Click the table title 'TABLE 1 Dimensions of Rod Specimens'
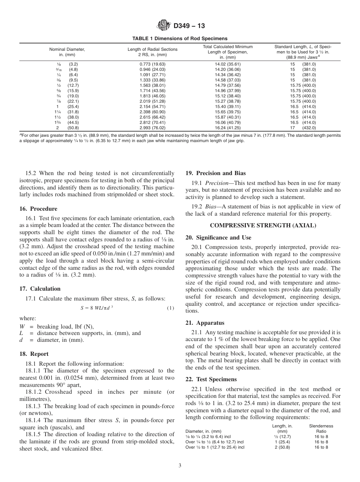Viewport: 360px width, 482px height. tap(180, 38)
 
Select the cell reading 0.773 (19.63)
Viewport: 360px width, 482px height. tap(152, 64)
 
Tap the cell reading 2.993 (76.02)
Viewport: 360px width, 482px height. tap(152, 128)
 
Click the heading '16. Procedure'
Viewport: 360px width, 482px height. tap(38, 209)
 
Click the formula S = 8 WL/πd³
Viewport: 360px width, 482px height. tap(97, 308)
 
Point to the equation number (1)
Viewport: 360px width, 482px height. tap(171, 308)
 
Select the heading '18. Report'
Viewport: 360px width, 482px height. tap(34, 354)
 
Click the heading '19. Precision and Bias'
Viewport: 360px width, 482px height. tap(211, 173)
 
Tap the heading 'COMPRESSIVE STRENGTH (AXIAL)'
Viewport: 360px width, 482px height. tap(263, 225)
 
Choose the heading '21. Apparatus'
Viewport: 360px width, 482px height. tap(205, 323)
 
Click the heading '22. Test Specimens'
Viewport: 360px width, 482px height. tap(211, 379)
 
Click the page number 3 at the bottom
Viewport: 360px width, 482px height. tap(180, 465)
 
